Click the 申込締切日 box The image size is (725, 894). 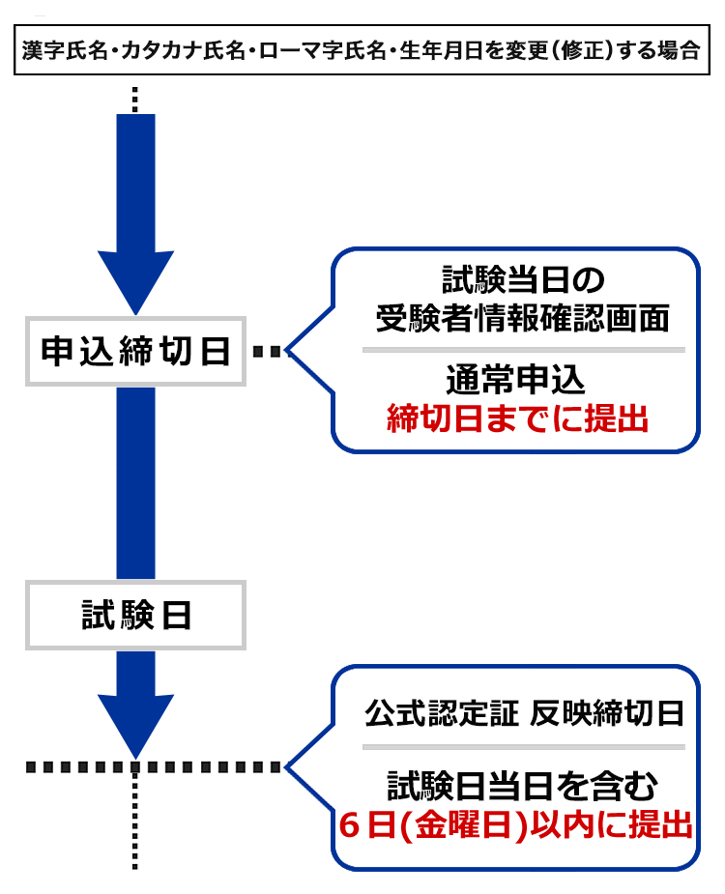click(136, 352)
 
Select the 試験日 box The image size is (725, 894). click(136, 615)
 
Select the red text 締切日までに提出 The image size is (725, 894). click(516, 419)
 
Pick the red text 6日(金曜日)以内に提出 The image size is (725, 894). click(516, 826)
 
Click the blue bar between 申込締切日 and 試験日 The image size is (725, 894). click(136, 483)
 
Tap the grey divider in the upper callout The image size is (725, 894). click(523, 349)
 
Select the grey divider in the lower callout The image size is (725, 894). click(523, 746)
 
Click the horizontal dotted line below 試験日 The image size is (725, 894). click(155, 767)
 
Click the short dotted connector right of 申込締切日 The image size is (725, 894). click(271, 352)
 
